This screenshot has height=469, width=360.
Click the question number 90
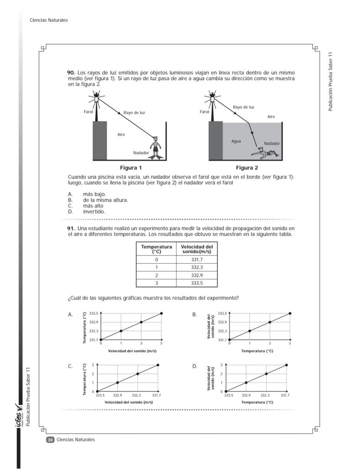coord(71,73)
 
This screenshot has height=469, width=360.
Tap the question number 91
coord(71,228)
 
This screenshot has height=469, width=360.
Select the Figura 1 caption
coord(131,168)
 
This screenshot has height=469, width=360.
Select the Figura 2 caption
coord(247,168)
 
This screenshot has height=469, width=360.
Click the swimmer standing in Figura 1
coord(155,148)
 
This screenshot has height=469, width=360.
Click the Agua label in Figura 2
coord(236,141)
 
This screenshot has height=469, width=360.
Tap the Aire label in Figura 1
coord(121,134)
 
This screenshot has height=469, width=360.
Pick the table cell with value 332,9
coord(197,275)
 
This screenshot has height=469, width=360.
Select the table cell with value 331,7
coord(197,259)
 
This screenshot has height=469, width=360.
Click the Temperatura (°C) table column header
coord(156,249)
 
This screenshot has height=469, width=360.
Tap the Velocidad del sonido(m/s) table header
coord(197,249)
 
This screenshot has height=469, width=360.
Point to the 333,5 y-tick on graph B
coord(222,313)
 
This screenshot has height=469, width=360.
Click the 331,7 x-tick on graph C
coord(157,395)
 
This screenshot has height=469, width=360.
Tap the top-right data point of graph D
coord(287,365)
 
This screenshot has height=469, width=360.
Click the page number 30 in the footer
coord(50,440)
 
